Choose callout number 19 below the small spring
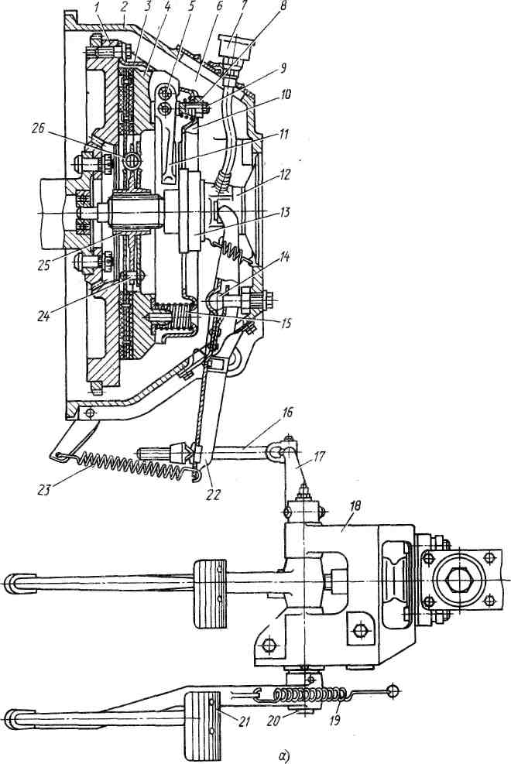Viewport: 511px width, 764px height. tap(334, 720)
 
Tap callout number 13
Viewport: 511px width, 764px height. tap(284, 212)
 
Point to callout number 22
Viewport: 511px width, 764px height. tap(213, 494)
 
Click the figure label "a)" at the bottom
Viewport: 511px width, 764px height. tap(284, 755)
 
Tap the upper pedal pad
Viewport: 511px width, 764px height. tap(211, 594)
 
